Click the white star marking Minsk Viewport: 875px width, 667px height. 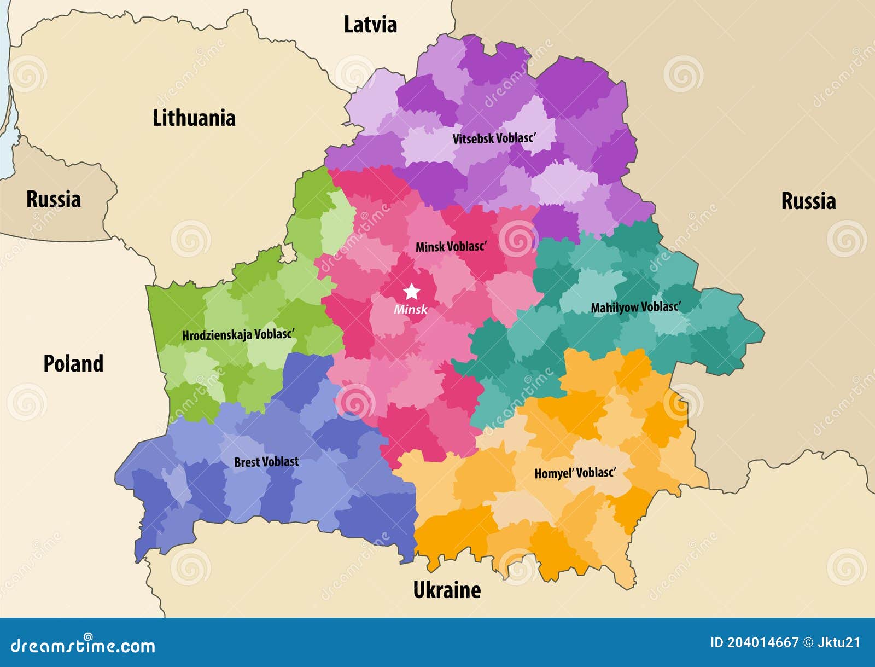[x=411, y=291]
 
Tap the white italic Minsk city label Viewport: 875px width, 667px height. [x=410, y=309]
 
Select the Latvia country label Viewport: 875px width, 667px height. [x=370, y=25]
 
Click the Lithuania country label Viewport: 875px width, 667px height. [x=194, y=118]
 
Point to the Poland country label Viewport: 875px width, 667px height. [x=73, y=363]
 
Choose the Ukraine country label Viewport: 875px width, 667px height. [x=447, y=590]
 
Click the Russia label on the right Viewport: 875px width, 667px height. [x=808, y=201]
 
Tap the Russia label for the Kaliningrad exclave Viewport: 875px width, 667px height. [x=54, y=199]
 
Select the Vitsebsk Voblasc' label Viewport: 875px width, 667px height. [x=494, y=138]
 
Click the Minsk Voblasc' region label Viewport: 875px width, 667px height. [x=451, y=247]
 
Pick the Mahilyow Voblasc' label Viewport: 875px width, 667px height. [x=636, y=307]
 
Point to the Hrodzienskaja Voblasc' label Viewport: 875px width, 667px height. [x=238, y=334]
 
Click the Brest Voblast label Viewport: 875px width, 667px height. [x=266, y=462]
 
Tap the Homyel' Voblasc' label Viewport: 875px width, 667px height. [x=575, y=473]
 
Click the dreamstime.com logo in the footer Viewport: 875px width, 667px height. [x=83, y=646]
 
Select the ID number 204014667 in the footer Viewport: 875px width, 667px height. [x=763, y=642]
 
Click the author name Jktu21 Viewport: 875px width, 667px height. [x=839, y=642]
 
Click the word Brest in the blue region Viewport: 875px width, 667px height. [x=247, y=462]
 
